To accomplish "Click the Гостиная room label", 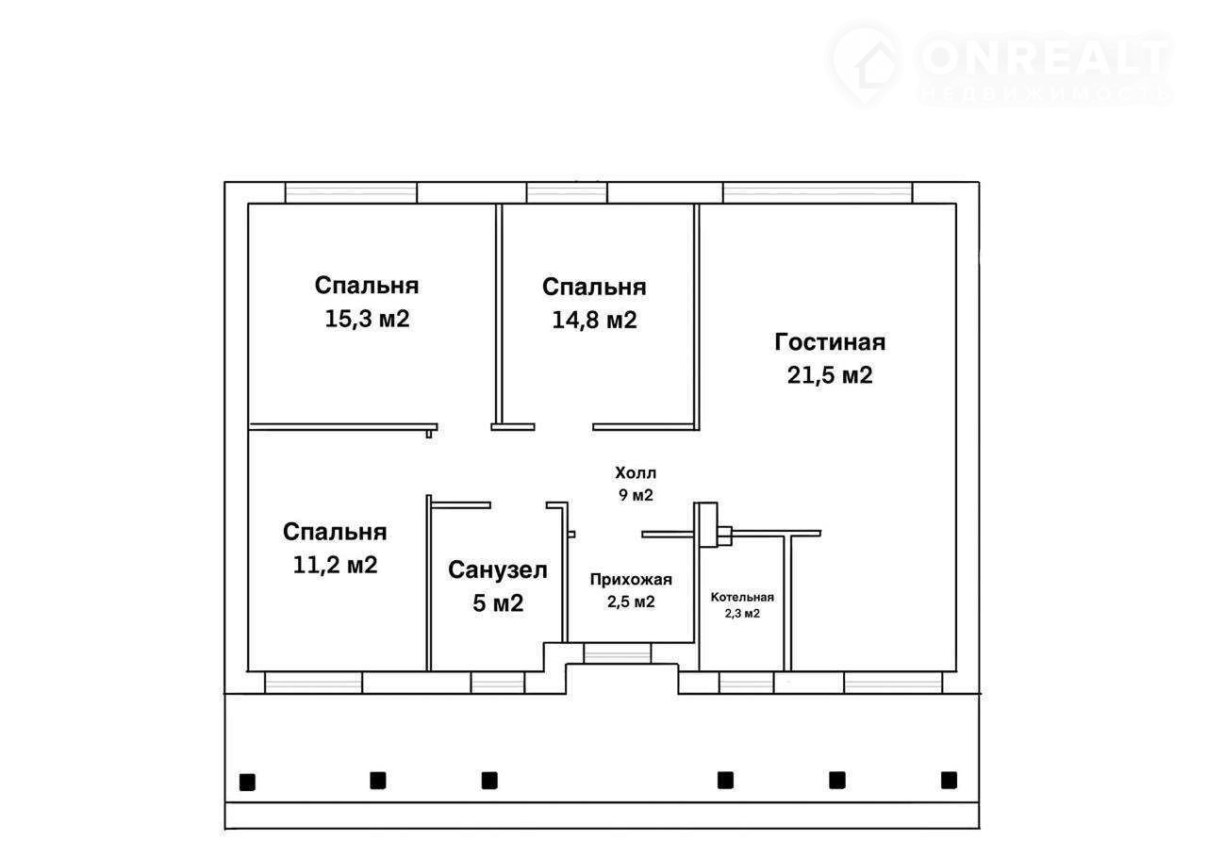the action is pos(830,343).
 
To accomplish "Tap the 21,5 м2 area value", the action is pos(830,375).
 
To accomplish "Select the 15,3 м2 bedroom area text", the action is pos(367,319).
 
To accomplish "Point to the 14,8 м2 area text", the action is pos(594,320).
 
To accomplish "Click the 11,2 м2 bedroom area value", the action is pos(335,565).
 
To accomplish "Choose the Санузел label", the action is pos(498,570).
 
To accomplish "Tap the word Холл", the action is pos(636,473).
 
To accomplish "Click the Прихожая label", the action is pos(631,579).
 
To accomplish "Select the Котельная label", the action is pos(742,597).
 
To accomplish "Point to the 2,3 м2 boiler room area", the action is pos(742,613).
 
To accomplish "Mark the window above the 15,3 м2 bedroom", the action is pos(351,193).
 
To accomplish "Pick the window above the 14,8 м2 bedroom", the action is pos(567,193).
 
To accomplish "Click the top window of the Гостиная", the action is pos(818,193).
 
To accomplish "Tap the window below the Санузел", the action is pos(497,683).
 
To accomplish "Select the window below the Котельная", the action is pos(747,683).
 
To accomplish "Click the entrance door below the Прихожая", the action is pos(618,653).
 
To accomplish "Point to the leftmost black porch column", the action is pos(247,782).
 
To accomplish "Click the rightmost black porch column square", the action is pos(949,780).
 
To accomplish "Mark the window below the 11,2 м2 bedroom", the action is pos(314,683).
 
